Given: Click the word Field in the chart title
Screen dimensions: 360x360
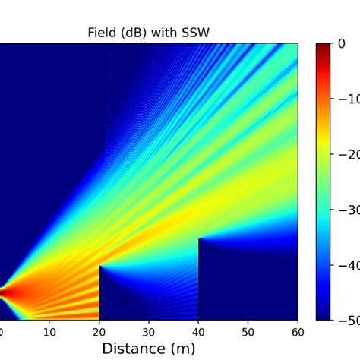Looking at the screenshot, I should pyautogui.click(x=103, y=33).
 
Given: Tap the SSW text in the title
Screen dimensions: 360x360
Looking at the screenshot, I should pyautogui.click(x=194, y=33).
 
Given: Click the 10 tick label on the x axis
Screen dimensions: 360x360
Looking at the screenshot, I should pyautogui.click(x=49, y=331).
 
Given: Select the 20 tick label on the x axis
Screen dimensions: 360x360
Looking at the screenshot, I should pyautogui.click(x=99, y=331).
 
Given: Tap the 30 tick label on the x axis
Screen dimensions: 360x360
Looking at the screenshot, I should pyautogui.click(x=149, y=331).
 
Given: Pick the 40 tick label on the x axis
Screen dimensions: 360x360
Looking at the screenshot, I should pyautogui.click(x=198, y=331).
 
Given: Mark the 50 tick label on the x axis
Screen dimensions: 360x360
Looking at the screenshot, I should pyautogui.click(x=248, y=331).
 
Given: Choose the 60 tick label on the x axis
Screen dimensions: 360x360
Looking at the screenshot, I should pyautogui.click(x=297, y=331).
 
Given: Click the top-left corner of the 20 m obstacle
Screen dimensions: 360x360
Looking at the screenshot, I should pyautogui.click(x=100, y=267).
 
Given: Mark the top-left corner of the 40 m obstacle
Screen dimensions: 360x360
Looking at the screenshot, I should pyautogui.click(x=199, y=239).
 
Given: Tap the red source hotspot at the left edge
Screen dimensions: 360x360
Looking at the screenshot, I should pyautogui.click(x=3, y=292).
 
